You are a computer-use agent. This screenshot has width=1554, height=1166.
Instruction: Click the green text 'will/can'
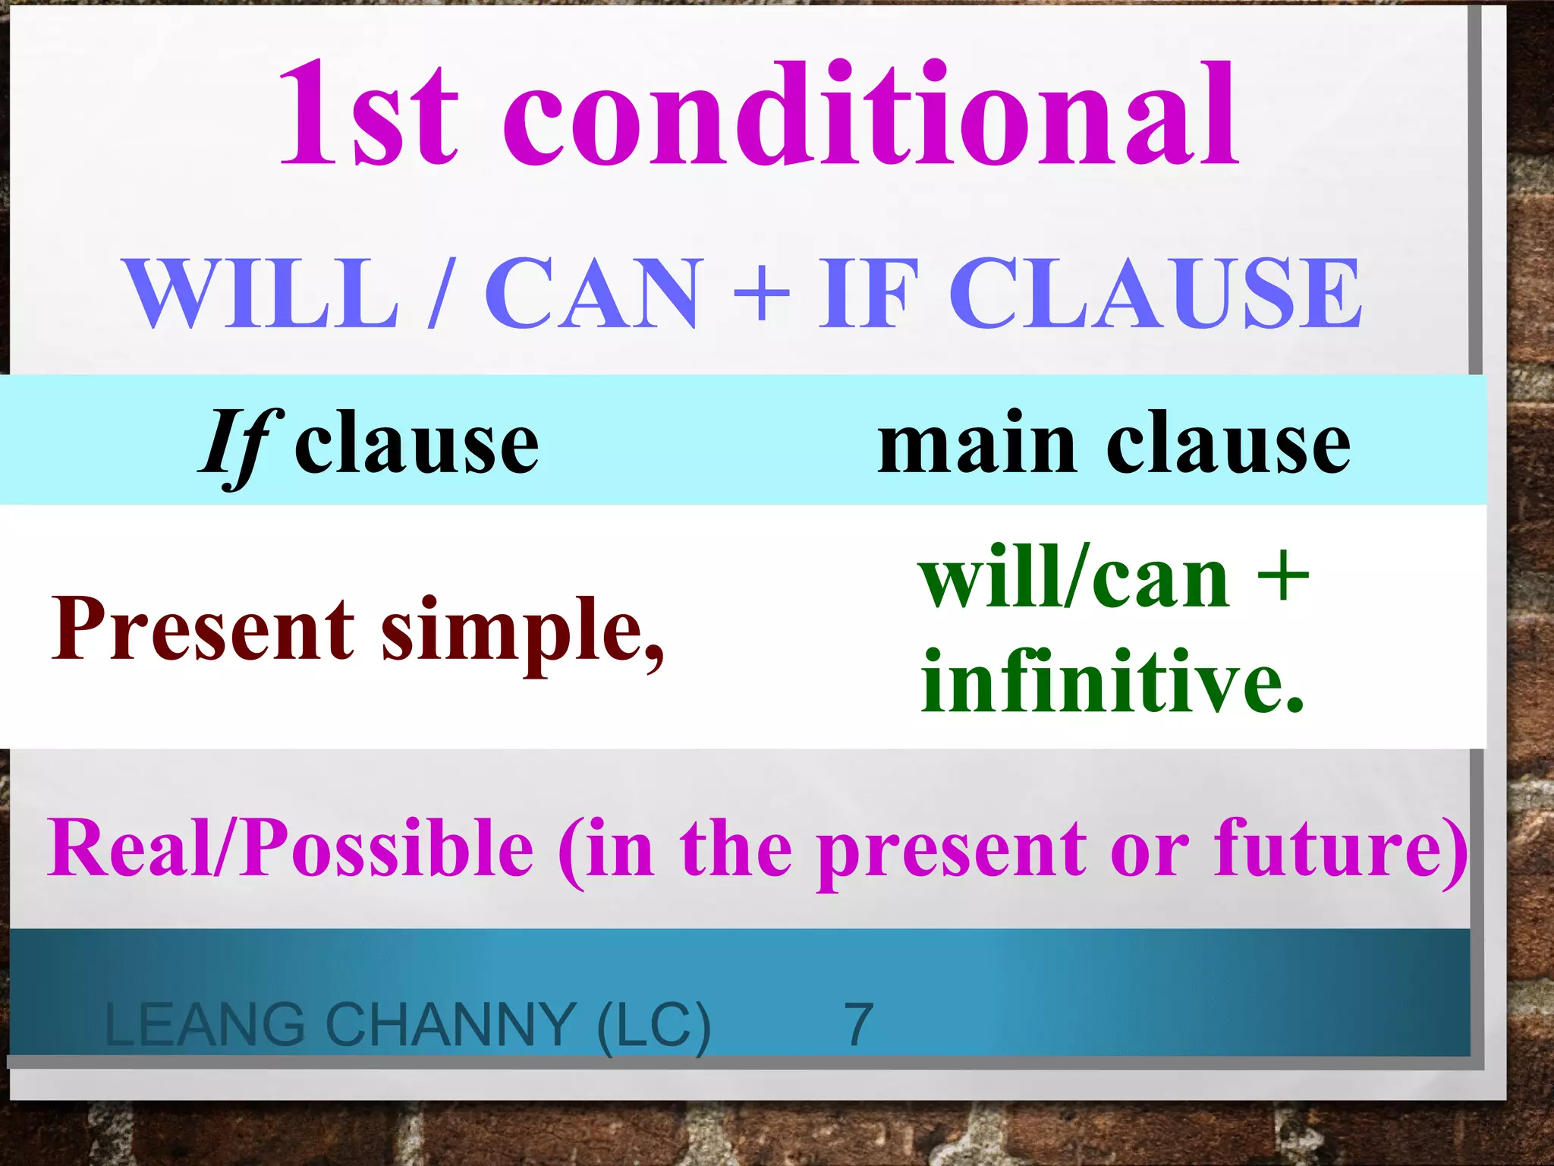point(1074,578)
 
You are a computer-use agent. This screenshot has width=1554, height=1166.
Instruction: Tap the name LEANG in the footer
point(205,1025)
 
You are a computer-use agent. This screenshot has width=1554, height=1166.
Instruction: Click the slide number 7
point(859,1025)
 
